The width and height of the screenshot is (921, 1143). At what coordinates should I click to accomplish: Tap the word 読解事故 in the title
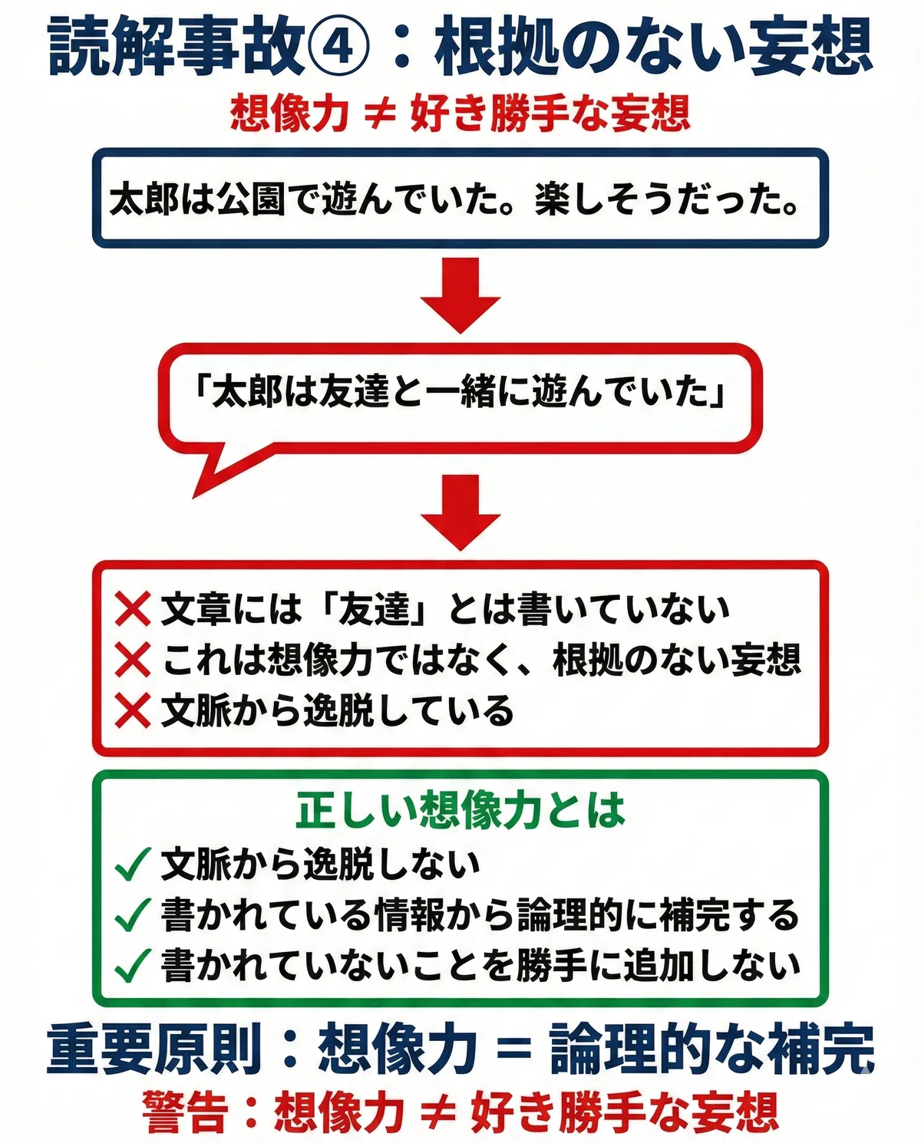(x=177, y=47)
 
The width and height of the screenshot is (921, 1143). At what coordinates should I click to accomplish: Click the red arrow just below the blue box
(x=460, y=295)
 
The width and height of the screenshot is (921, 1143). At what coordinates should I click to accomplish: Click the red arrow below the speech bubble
(x=460, y=512)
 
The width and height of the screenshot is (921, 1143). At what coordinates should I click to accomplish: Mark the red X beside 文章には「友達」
(x=133, y=609)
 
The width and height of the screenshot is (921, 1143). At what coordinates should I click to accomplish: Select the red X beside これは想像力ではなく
(x=133, y=660)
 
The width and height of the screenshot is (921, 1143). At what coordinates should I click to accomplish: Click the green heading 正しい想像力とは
(x=460, y=811)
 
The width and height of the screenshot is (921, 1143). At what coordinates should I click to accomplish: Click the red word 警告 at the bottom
(x=185, y=1111)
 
